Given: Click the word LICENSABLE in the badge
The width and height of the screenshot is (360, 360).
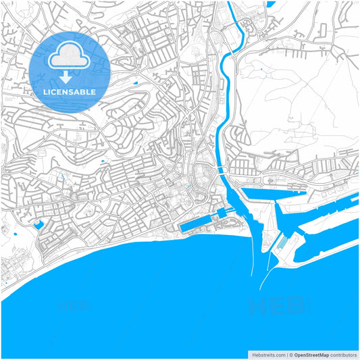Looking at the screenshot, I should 70,91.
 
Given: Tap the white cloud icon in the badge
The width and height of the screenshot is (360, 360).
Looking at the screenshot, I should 70,53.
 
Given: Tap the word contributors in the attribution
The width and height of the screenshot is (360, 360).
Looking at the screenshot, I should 343,354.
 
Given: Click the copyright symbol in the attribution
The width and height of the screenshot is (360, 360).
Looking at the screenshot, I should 291,354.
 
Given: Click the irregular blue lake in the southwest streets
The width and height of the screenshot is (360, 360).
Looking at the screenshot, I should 38,223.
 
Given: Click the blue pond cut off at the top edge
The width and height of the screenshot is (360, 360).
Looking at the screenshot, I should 271,3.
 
